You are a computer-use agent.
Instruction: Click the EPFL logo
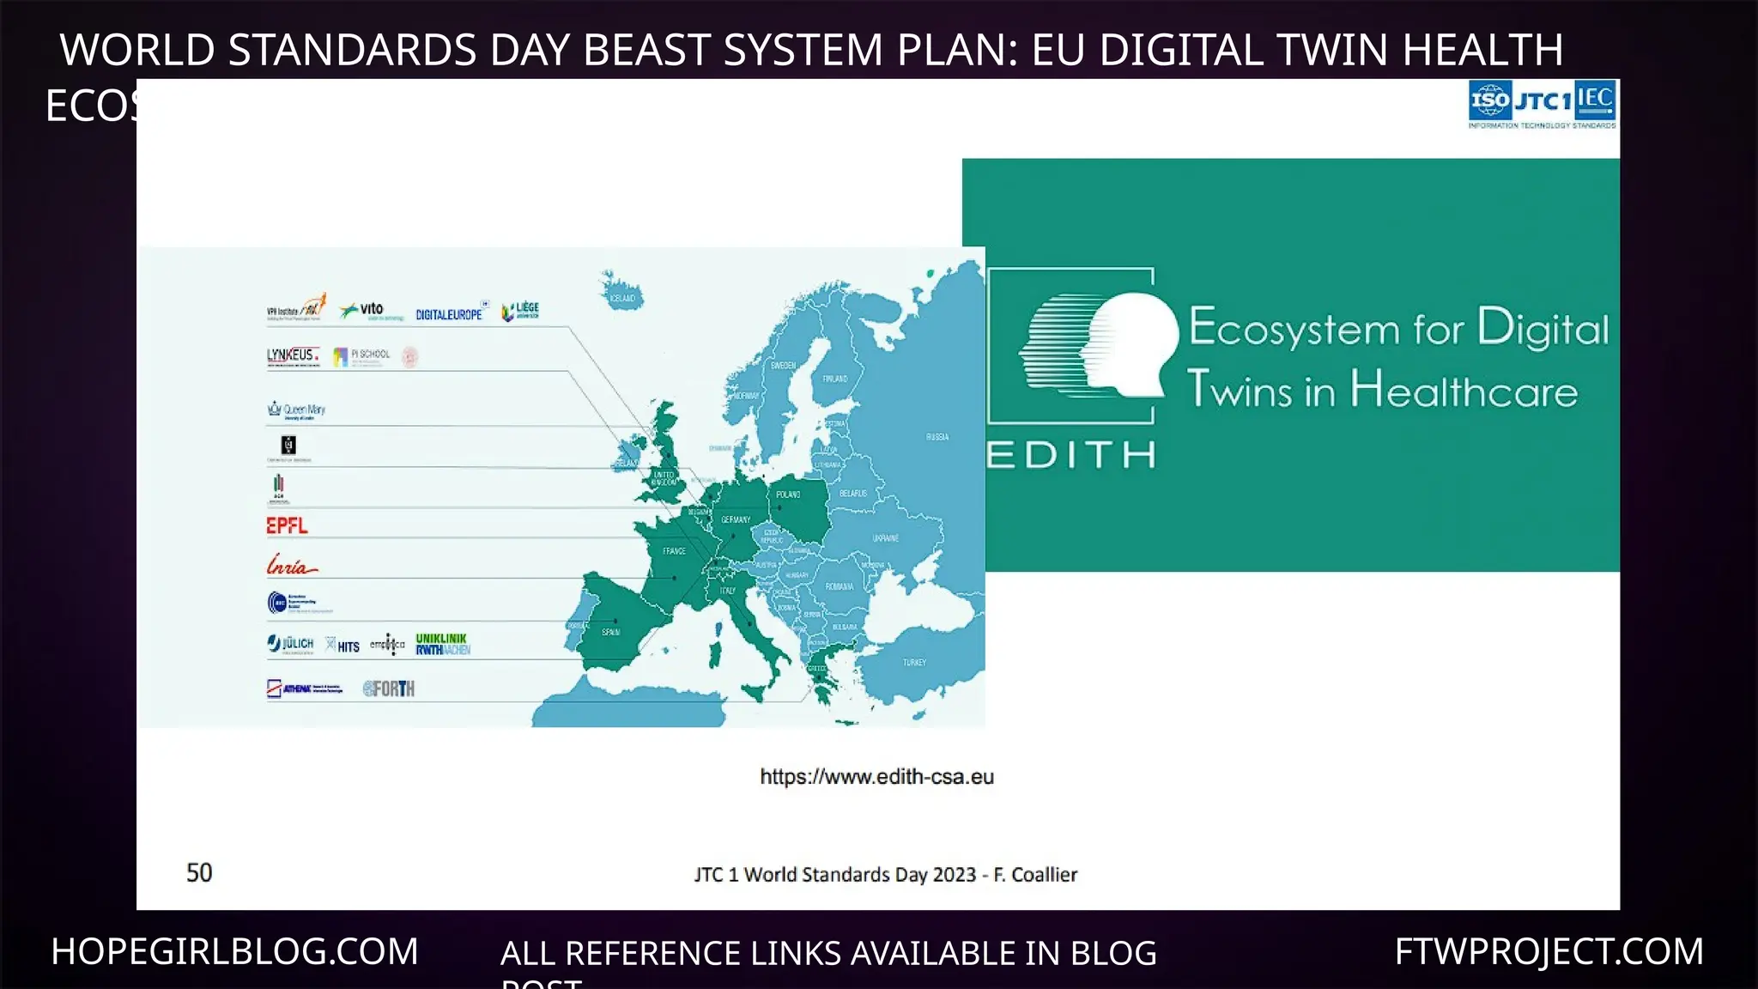(x=287, y=525)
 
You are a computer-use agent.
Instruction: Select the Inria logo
(x=291, y=566)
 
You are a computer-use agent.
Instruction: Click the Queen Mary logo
(x=297, y=410)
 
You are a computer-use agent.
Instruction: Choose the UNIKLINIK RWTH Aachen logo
(x=443, y=644)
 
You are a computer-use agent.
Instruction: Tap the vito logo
(x=363, y=310)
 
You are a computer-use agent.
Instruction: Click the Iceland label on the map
(x=622, y=298)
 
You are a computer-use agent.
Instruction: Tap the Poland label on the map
(x=788, y=494)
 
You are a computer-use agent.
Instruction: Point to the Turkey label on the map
(x=914, y=662)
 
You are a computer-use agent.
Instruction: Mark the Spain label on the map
(x=610, y=632)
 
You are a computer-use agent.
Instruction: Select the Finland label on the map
(x=835, y=378)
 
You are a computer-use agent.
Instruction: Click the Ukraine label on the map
(x=886, y=538)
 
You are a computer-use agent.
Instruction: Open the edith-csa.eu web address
(x=876, y=777)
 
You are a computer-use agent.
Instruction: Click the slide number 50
(x=199, y=872)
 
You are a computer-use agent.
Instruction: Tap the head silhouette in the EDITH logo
(x=1107, y=346)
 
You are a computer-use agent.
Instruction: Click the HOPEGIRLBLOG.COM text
(x=234, y=951)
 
